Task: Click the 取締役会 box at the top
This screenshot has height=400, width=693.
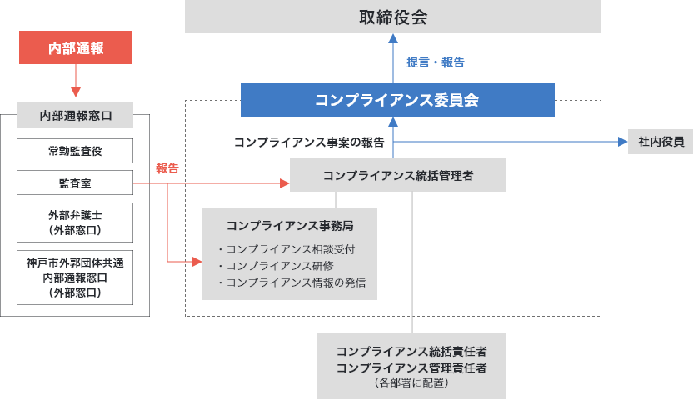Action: pos(392,17)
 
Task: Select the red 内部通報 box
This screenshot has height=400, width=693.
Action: pos(76,47)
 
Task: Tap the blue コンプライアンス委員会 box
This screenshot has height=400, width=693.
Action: pos(396,100)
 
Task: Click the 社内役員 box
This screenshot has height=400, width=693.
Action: pos(660,142)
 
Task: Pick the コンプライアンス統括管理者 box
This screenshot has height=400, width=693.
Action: pos(397,175)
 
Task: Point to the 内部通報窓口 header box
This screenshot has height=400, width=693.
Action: pos(75,115)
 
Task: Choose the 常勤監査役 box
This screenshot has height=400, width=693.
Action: pos(75,151)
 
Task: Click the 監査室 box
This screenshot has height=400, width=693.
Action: pos(75,182)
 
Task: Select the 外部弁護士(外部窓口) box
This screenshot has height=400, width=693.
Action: pos(75,222)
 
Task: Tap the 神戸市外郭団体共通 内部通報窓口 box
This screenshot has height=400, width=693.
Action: pos(75,277)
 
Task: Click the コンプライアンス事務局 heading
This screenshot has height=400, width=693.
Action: pos(289,225)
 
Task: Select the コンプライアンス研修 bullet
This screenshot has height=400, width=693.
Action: pos(280,266)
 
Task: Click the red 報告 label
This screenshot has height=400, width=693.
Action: pos(167,167)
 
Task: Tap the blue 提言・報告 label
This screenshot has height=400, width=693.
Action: pos(435,62)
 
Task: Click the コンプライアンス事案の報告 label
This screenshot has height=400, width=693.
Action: pos(309,142)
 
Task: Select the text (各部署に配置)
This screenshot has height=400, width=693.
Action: pos(411,383)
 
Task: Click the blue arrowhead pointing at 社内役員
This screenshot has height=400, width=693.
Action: pos(622,142)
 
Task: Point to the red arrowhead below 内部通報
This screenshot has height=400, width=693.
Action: pos(76,92)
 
